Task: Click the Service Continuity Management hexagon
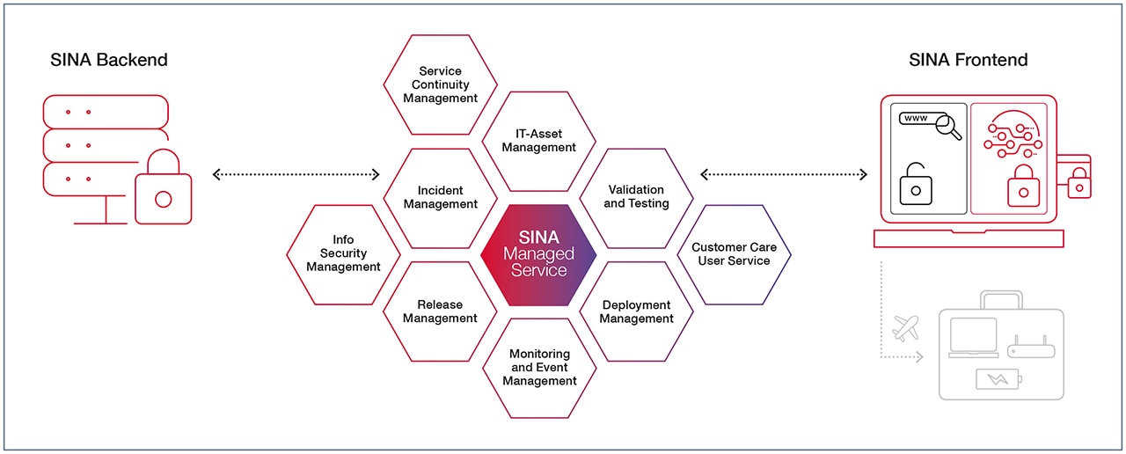point(440,84)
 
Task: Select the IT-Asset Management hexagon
point(538,141)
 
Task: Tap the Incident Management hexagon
point(440,197)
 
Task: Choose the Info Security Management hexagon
point(343,253)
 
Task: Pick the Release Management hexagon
point(440,311)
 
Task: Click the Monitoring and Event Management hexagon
point(539,367)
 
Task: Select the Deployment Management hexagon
point(636,311)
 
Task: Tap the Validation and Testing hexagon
point(636,197)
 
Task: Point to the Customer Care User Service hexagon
point(734,254)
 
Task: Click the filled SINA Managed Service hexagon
point(538,254)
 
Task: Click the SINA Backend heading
point(109,60)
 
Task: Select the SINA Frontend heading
point(968,60)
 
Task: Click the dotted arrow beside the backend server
point(296,174)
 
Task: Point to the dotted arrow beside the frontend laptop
point(784,174)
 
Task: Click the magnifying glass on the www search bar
point(949,128)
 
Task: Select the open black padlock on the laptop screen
point(916,183)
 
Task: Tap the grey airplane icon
point(905,328)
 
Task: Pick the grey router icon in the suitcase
point(1030,348)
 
